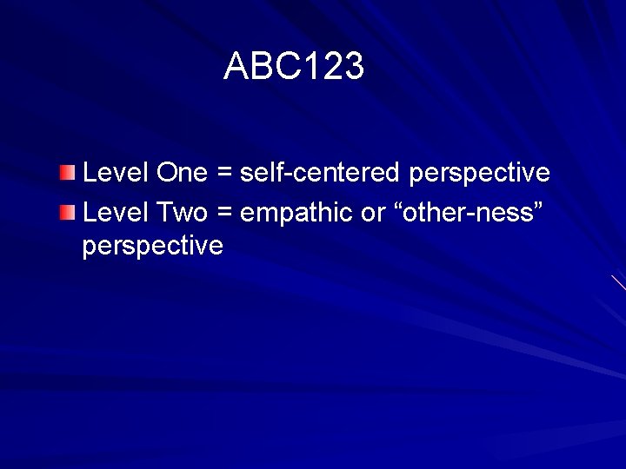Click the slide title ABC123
[294, 66]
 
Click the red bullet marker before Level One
[68, 174]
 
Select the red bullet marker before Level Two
[68, 211]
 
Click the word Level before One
[116, 173]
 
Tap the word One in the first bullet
[182, 173]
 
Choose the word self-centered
[321, 173]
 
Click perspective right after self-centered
[479, 174]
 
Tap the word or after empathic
[374, 213]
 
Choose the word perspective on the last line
[152, 247]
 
